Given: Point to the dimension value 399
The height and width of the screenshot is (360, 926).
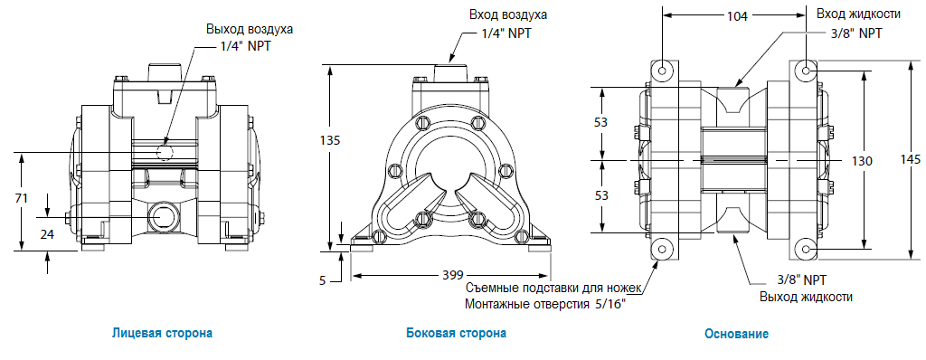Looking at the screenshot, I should click(x=453, y=274).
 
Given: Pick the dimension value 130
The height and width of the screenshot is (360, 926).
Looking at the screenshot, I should click(x=862, y=160).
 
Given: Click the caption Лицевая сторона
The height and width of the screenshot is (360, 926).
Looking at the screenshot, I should click(x=163, y=333).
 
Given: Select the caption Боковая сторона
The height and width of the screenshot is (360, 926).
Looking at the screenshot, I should click(x=456, y=333).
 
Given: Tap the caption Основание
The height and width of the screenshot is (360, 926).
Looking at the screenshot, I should click(x=736, y=334).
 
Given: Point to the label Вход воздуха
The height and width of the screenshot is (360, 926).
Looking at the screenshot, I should click(x=507, y=15).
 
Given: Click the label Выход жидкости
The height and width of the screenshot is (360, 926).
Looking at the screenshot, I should click(x=804, y=296).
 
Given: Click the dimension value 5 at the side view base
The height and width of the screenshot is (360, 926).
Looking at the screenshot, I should click(x=323, y=280).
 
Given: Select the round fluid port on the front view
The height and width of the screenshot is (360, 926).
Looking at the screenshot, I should click(x=165, y=217).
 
